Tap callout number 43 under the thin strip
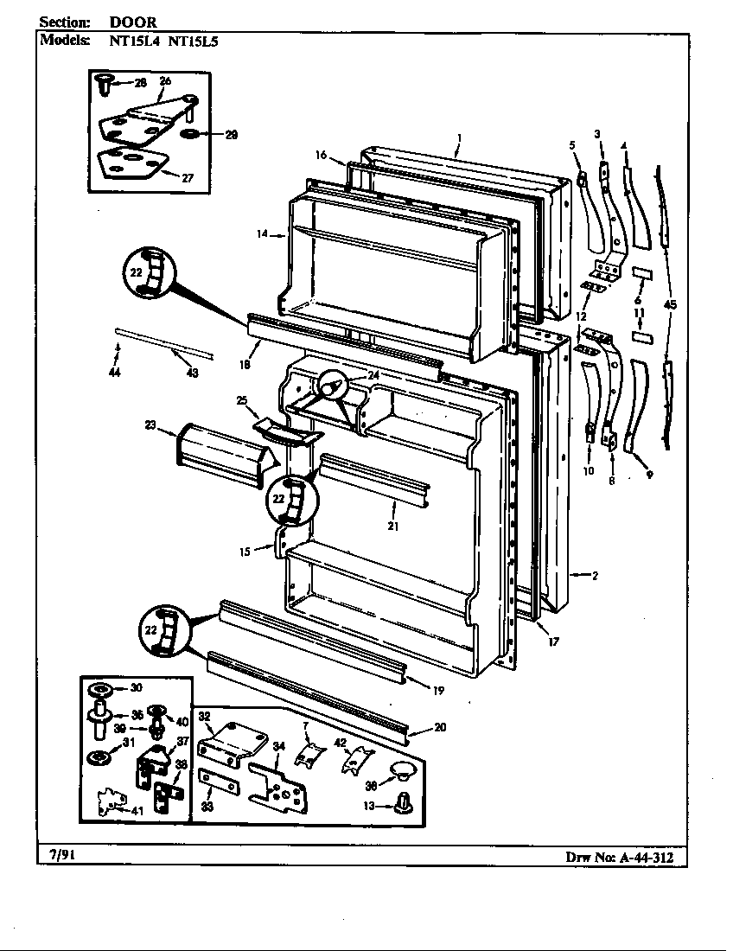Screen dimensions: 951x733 coord(192,373)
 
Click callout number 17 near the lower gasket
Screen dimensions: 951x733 coord(553,641)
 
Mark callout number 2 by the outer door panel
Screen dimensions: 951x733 coord(596,575)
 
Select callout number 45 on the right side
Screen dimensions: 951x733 coord(670,304)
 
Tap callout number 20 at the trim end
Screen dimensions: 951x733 coord(441,728)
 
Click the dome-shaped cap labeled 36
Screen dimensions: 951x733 coord(399,769)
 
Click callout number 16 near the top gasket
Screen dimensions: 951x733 coord(321,155)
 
